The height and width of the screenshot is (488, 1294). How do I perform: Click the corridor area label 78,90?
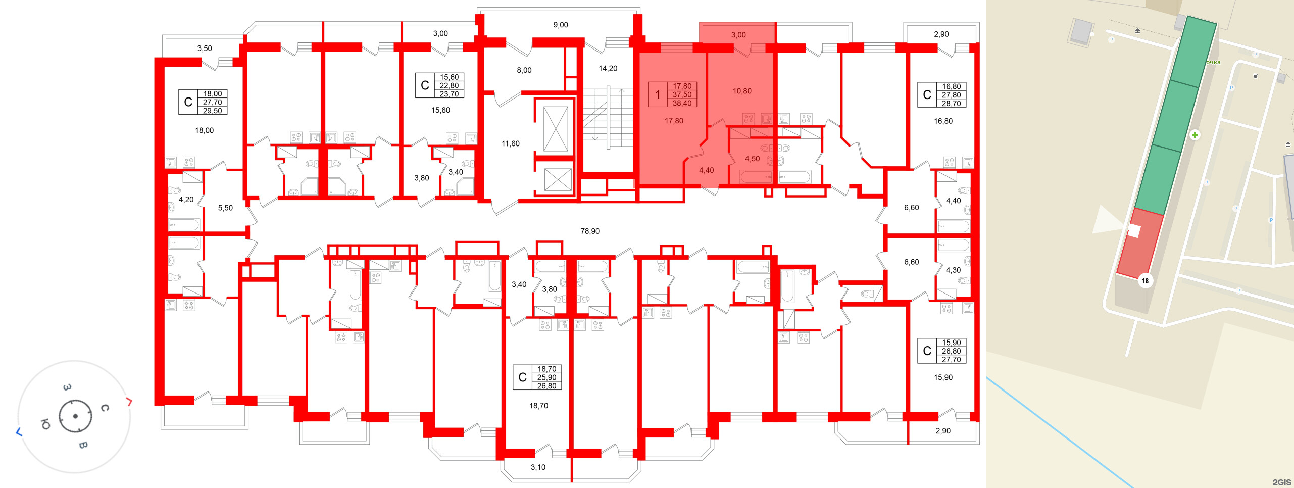pos(590,231)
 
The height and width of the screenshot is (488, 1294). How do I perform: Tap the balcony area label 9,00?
pos(561,25)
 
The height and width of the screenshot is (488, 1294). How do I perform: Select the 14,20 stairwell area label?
pos(608,69)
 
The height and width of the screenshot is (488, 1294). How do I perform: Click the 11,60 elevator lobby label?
pos(511,144)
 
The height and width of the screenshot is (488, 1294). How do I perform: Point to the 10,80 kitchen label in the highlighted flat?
pos(742,91)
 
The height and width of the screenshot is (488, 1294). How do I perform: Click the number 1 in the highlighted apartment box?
pos(658,94)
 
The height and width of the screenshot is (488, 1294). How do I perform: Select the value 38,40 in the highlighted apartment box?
pos(682,104)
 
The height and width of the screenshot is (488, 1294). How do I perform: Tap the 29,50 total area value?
pos(212,111)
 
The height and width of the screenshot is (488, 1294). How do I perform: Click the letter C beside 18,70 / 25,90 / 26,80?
pos(523,377)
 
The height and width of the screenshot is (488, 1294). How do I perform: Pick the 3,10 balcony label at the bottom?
pos(538,467)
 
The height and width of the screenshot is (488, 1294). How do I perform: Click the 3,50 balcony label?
pos(205,48)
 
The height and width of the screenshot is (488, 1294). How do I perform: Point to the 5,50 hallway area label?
pos(225,208)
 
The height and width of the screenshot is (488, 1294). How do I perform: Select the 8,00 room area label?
pos(524,70)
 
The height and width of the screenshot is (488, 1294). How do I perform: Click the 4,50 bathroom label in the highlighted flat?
pos(752,159)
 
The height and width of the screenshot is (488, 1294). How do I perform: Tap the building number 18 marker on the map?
pos(1146,281)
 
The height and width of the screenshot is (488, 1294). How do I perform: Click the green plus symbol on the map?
pos(1195,135)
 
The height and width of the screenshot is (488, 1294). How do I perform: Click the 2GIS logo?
pos(1281,482)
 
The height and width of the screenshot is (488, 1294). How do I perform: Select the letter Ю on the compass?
pos(45,424)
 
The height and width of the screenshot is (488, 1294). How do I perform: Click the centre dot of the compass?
pos(75,416)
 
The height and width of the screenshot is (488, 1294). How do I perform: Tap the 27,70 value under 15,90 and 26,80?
pos(951,360)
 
